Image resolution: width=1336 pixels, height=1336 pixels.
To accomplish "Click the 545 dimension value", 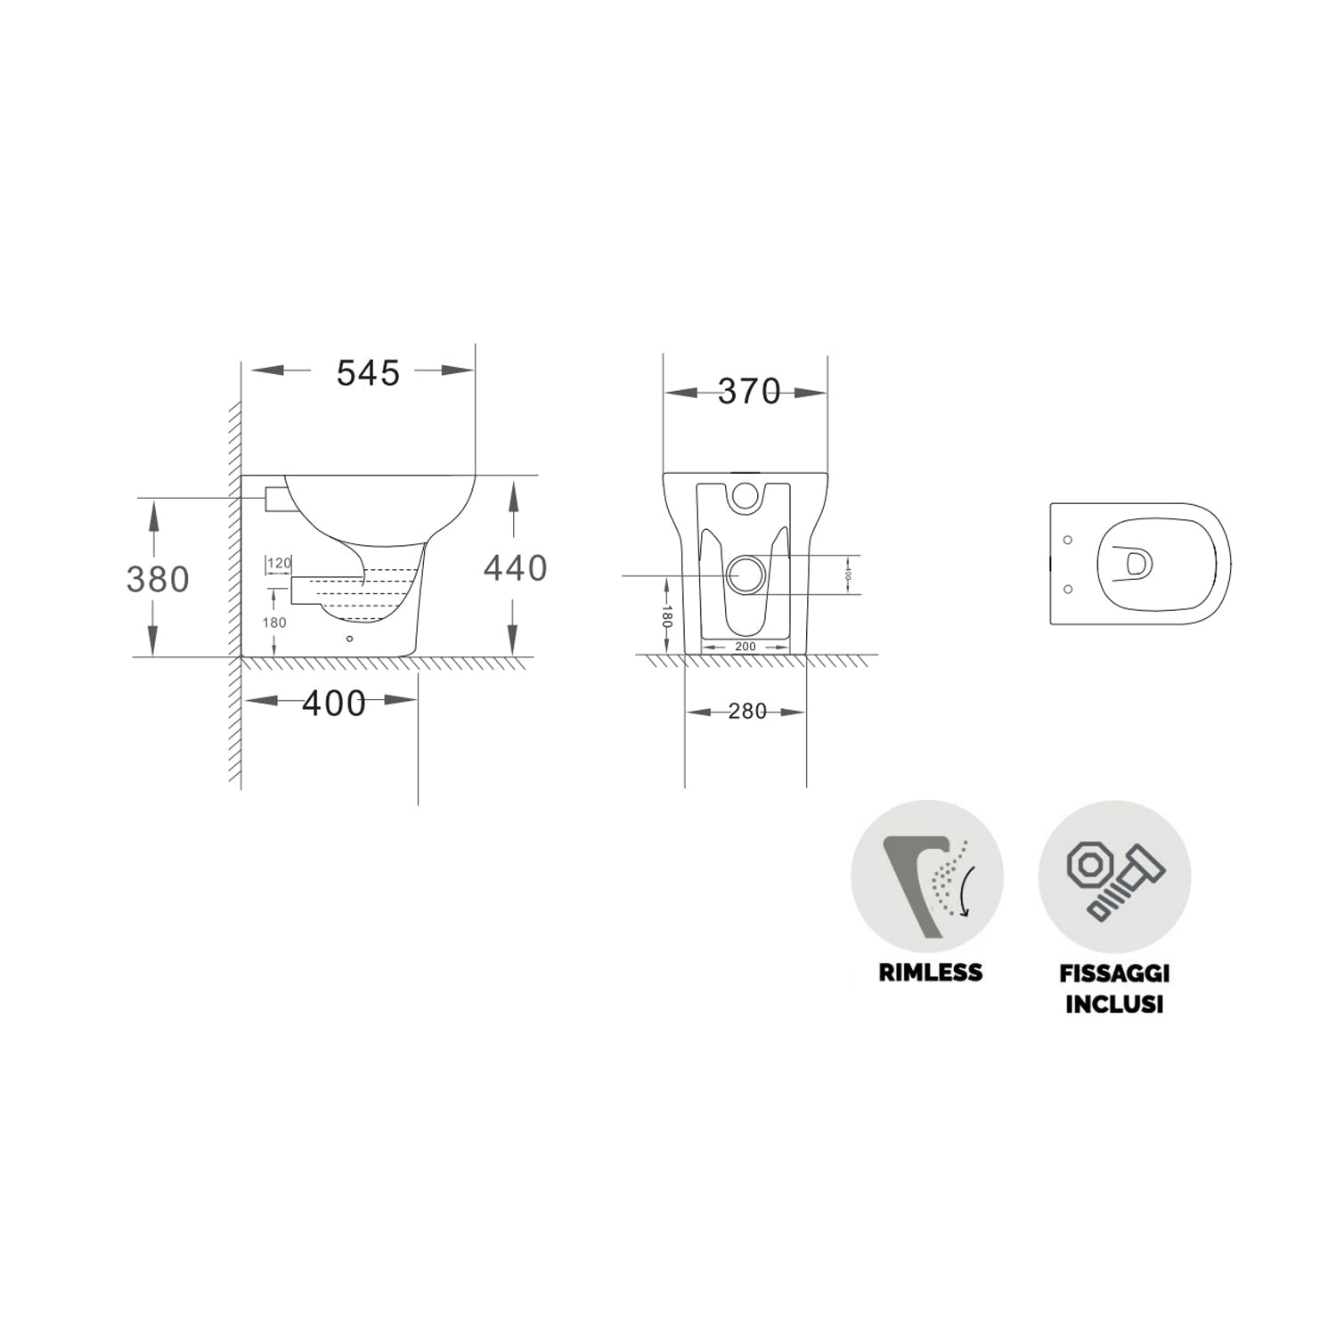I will click(x=368, y=373).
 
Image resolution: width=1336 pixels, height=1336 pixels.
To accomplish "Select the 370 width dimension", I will click(x=748, y=392).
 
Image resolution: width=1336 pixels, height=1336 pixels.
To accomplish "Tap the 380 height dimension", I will click(x=158, y=580).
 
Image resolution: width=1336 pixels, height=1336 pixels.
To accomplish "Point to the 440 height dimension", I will click(x=515, y=568).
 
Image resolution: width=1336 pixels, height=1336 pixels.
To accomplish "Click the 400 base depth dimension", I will click(x=334, y=704).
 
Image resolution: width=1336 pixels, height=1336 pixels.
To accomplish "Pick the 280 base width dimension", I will click(x=746, y=712).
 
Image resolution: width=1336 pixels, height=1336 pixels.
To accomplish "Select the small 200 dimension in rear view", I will click(x=745, y=647).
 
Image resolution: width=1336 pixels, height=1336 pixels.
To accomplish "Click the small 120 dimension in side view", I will click(x=280, y=563).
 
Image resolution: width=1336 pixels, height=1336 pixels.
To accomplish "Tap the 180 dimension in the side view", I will click(x=274, y=623).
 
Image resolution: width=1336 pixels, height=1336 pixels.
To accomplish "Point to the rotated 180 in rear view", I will click(x=666, y=616).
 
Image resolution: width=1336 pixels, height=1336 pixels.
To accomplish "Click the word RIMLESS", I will click(x=930, y=972).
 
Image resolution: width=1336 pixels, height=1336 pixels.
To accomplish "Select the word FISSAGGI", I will click(x=1114, y=973).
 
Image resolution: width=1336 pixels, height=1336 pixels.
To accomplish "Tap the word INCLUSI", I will click(x=1114, y=1004).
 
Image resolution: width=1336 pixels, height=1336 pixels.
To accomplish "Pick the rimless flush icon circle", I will click(x=927, y=876).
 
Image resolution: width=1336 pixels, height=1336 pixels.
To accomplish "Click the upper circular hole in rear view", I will click(x=745, y=497).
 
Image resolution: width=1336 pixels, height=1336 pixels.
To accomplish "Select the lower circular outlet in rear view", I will click(x=745, y=574).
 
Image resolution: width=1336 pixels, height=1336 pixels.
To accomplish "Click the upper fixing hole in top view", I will click(x=1068, y=540).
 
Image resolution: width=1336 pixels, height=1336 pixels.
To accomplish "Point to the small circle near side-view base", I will click(x=349, y=639).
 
